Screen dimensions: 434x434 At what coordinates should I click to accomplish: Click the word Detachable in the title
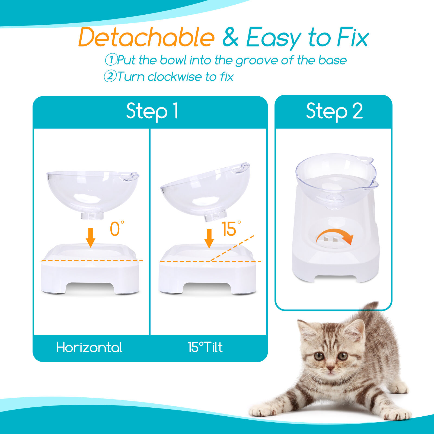tap(146, 37)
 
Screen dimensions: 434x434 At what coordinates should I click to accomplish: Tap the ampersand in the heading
tap(230, 37)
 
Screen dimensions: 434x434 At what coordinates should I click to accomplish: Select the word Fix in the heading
tap(353, 37)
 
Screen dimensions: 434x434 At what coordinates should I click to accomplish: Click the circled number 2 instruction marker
tap(110, 76)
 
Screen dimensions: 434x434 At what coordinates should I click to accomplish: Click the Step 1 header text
tap(152, 111)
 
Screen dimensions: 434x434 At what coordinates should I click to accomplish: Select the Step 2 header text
tap(334, 111)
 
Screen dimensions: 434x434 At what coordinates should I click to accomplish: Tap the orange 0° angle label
tap(116, 229)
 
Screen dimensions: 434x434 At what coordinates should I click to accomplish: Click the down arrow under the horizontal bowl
tap(91, 237)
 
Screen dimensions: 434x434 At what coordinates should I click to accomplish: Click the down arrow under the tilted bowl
tap(209, 238)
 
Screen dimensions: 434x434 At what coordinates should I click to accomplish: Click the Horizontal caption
tap(89, 347)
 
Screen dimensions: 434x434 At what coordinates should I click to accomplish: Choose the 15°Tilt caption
tap(205, 347)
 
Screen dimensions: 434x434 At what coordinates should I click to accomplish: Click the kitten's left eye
tap(318, 356)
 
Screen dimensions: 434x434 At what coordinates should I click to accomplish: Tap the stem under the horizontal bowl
tap(92, 216)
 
